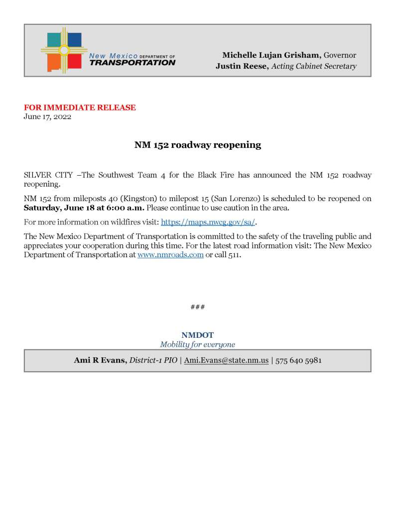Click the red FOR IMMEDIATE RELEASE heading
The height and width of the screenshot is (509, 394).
pos(80,107)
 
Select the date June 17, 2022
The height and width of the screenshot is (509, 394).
pos(47,117)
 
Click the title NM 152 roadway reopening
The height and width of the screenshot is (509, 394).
pos(197,145)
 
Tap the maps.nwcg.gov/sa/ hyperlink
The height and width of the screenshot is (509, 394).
pos(208,222)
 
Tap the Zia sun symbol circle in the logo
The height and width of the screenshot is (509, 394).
pos(64,50)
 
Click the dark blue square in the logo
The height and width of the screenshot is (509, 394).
pos(74,39)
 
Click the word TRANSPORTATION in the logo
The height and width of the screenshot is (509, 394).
pos(132,63)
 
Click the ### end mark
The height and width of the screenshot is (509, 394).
pos(197,307)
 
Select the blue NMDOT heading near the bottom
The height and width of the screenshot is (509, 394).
pos(197,335)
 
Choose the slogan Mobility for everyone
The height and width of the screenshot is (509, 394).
pos(197,344)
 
